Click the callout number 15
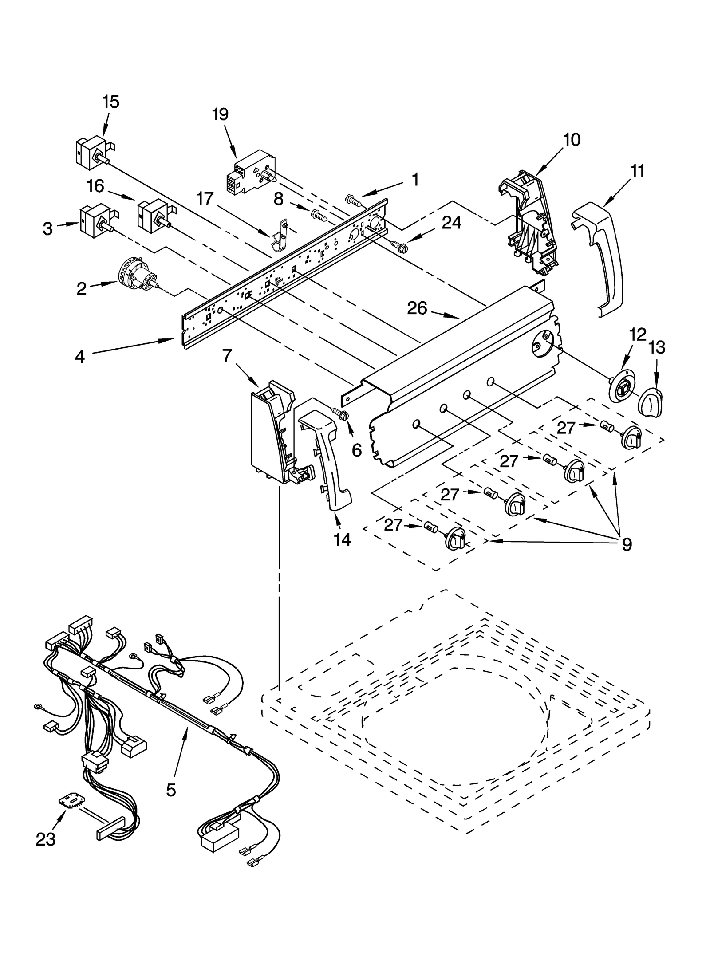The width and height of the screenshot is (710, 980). [111, 102]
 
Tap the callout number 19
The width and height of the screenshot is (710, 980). [220, 114]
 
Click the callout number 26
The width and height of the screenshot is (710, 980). [417, 308]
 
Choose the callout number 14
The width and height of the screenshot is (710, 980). [343, 539]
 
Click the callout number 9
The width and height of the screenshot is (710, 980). [627, 544]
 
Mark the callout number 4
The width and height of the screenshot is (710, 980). [80, 356]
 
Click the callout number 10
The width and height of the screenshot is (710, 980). [572, 140]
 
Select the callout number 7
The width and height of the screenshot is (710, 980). [227, 356]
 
